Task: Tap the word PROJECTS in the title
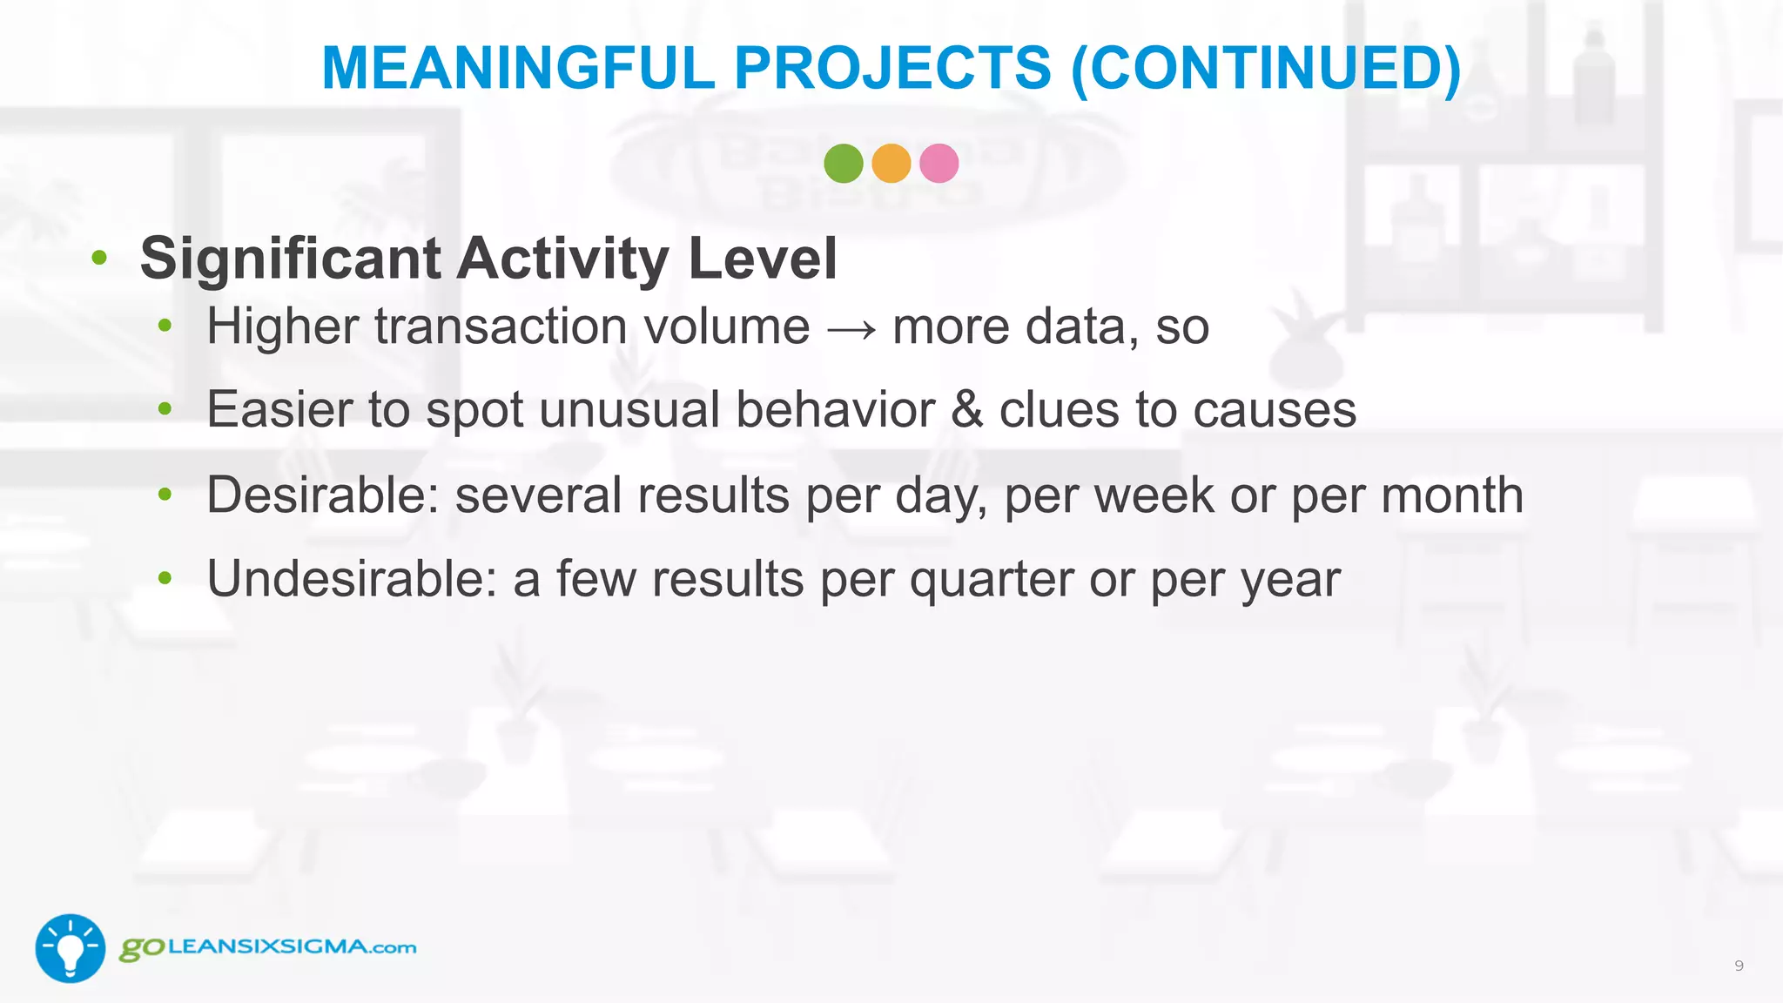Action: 893,68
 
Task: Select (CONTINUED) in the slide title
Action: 1266,68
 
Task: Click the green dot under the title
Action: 843,164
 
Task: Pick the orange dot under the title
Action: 891,164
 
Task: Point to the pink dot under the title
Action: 939,164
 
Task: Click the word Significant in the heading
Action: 290,259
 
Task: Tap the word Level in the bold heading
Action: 762,259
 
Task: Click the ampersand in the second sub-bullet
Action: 966,410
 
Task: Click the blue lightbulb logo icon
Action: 70,948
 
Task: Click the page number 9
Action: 1739,966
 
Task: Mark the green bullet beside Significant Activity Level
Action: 99,258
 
